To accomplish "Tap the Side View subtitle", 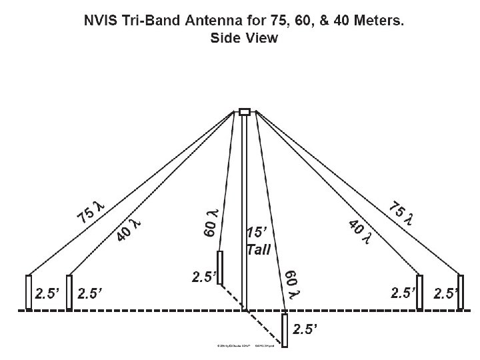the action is coord(244,38).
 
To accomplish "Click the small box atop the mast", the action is coord(245,111).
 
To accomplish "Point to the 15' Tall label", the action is coord(258,241).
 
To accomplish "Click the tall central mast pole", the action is coord(245,213).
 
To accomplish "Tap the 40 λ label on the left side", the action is coord(131,227).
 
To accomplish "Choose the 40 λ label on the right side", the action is coord(362,230).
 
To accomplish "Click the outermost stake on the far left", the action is coord(29,292).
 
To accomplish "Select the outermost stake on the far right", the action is coord(459,292).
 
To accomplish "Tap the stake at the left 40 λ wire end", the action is coord(69,292).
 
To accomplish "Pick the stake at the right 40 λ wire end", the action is coord(419,292).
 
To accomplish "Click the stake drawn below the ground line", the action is coord(285,330).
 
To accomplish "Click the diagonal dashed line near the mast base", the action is coord(233,297).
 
